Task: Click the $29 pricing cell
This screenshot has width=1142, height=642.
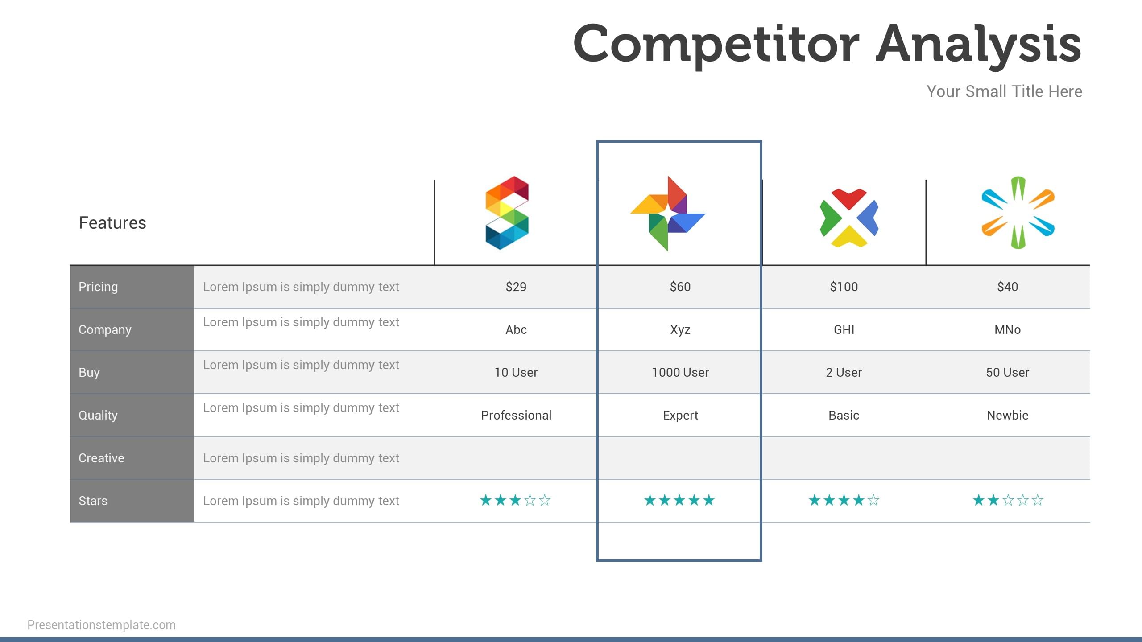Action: tap(516, 287)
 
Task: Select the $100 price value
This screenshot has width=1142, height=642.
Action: tap(844, 287)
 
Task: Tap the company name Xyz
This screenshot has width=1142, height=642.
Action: tap(680, 330)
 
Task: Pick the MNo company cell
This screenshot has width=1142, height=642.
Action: tap(1008, 329)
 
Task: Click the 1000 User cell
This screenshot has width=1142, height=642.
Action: tap(680, 372)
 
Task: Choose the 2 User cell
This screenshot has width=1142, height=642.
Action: tap(844, 372)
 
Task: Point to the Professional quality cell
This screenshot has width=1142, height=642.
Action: tap(516, 415)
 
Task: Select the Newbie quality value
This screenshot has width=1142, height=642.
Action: tap(1008, 415)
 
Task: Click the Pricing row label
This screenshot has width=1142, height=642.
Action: tap(98, 287)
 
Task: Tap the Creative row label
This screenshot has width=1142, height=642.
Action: tap(101, 458)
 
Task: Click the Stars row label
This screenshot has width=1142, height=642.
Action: tap(93, 501)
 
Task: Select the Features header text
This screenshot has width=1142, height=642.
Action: tap(112, 222)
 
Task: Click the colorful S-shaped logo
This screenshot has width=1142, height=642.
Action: tap(507, 213)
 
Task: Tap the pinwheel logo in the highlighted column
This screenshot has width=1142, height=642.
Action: tap(668, 214)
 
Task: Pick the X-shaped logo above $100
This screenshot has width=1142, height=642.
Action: tap(849, 218)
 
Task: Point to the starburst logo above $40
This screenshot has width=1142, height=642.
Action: tap(1018, 213)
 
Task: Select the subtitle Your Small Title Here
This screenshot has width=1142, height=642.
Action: tap(1004, 91)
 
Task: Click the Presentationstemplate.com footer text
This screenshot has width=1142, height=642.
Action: tap(102, 625)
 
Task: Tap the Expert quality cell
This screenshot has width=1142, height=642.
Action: tap(680, 416)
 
